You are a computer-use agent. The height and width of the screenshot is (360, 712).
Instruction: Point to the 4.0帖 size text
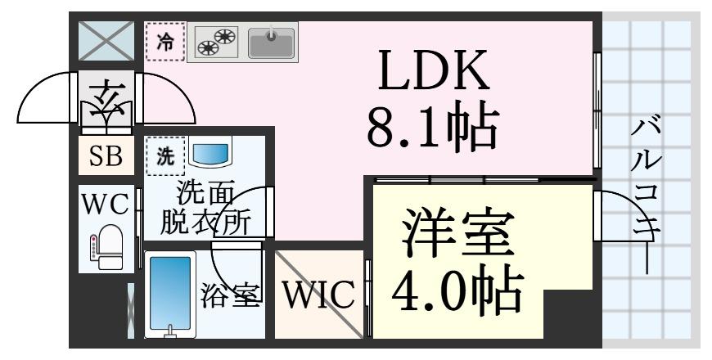pos(457,290)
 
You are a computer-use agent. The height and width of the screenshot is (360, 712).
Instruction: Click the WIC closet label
pos(319,295)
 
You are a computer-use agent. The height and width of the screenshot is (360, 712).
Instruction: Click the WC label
pos(106,205)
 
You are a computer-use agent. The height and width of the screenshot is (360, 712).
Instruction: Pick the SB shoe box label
pos(106,156)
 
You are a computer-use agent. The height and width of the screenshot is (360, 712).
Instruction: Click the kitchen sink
pos(272,43)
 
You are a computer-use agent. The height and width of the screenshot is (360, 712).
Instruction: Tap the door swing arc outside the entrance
pos(45,102)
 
